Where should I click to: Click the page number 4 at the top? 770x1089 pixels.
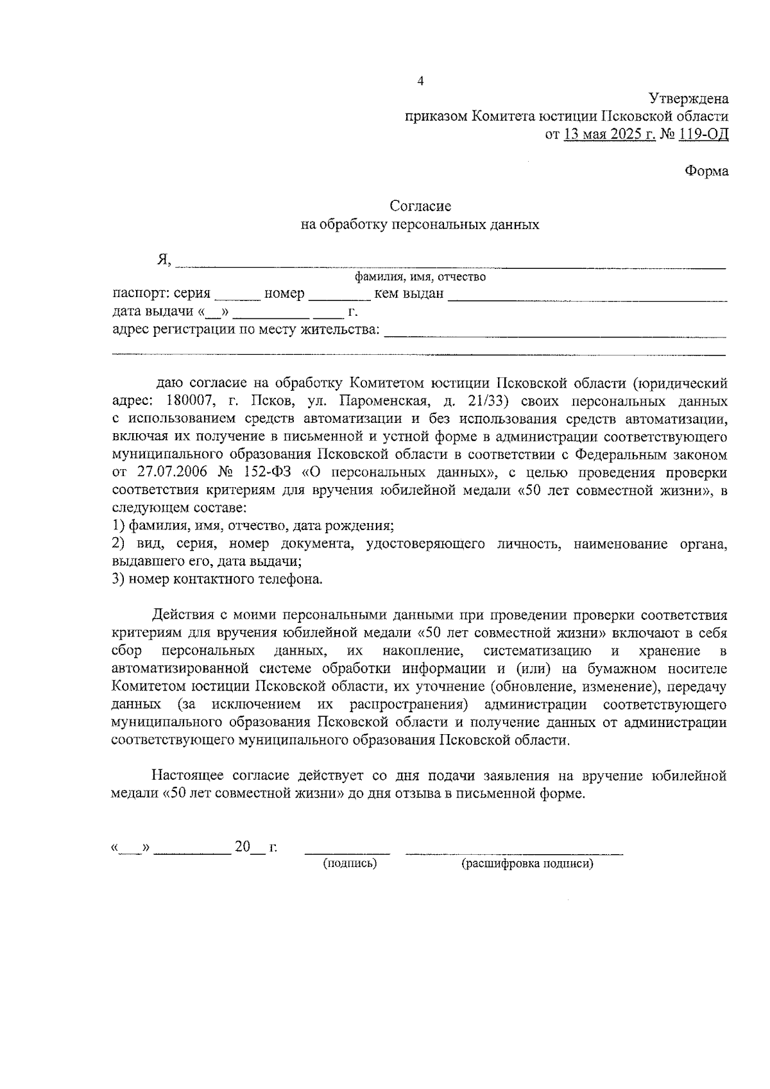[420, 81]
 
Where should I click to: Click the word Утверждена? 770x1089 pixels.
[689, 99]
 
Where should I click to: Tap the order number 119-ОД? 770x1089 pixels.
[703, 135]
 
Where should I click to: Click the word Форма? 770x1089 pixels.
[706, 171]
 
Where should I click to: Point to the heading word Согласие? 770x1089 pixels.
[420, 206]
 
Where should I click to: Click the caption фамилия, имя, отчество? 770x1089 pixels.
[420, 277]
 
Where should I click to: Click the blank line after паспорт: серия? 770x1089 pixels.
[237, 299]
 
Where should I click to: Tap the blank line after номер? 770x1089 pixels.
[339, 299]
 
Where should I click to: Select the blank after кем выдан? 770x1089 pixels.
[587, 299]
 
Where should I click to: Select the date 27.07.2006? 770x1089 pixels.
[171, 473]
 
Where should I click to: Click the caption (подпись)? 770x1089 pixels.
[350, 864]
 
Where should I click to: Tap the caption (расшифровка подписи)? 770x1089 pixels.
[527, 864]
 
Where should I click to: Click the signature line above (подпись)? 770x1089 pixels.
[347, 853]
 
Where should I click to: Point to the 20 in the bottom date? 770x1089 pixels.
[242, 847]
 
